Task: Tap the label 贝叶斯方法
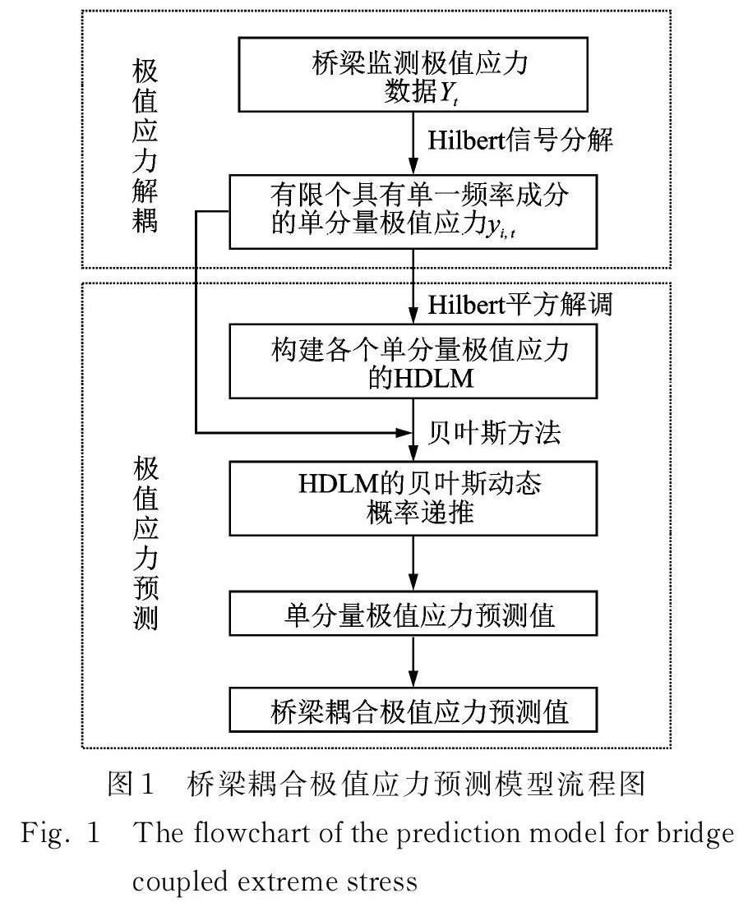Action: pos(495,432)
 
